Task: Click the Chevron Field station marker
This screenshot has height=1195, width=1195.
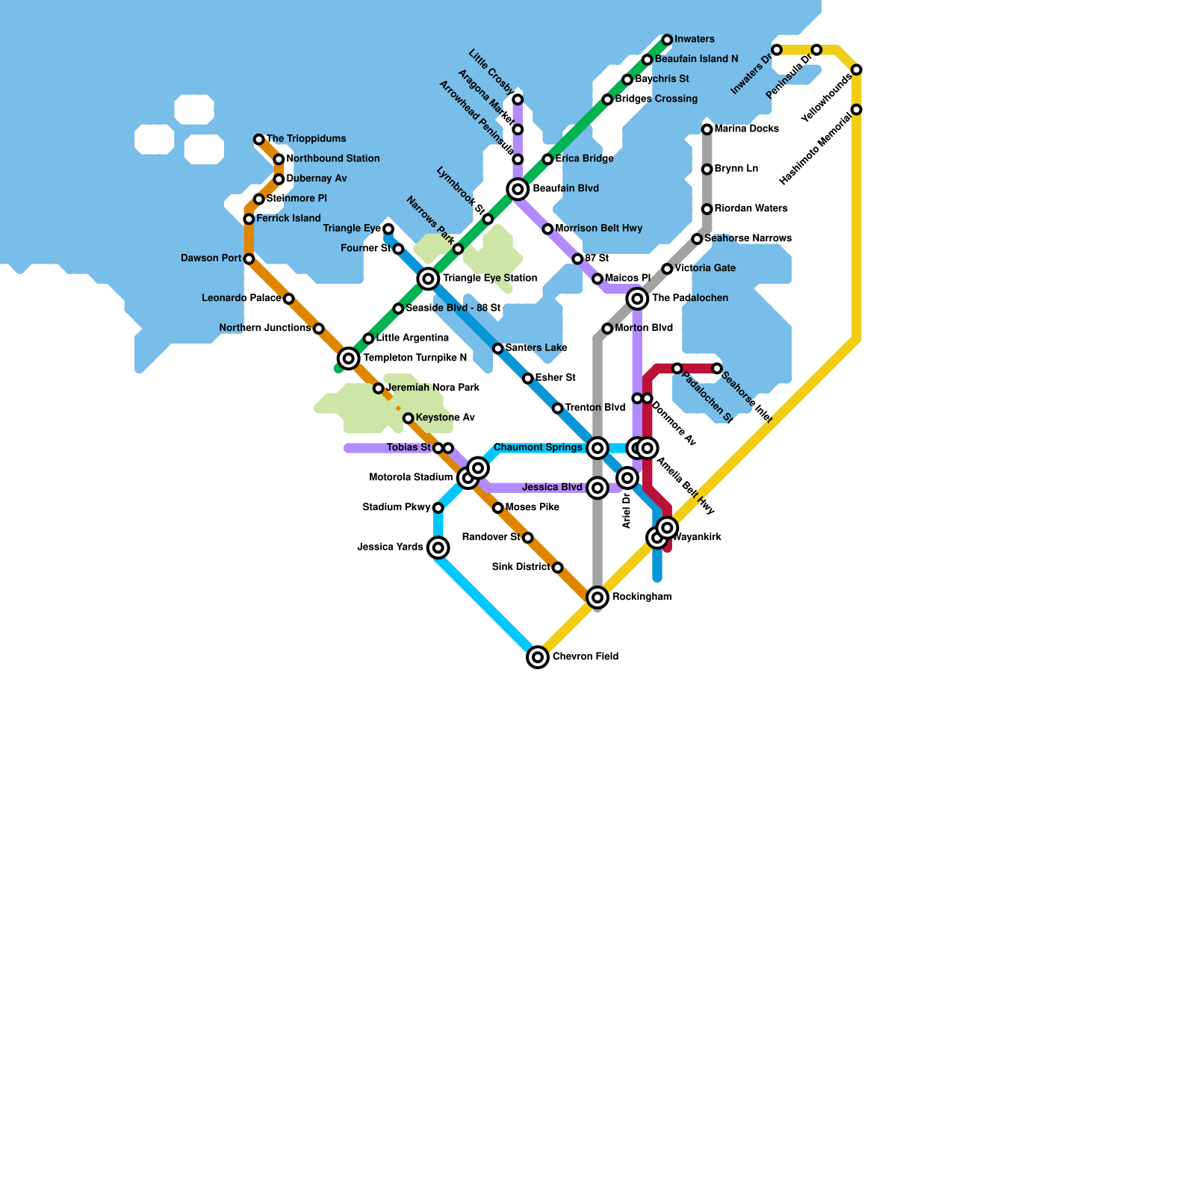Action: pos(538,657)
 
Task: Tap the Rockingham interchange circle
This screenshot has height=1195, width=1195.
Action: pos(597,597)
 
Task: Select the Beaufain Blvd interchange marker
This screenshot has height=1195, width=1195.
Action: pos(518,189)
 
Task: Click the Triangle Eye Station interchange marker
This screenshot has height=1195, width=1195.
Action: pos(428,279)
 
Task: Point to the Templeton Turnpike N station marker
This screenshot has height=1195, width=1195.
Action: pos(349,358)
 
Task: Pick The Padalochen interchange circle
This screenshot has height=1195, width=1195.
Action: pos(637,299)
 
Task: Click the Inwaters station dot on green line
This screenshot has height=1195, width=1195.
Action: pos(667,40)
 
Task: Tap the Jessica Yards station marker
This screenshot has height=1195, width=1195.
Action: pos(438,548)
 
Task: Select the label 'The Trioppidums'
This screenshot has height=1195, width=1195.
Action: pos(306,139)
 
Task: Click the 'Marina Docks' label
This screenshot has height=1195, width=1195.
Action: pos(746,129)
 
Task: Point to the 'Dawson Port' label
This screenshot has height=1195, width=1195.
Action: pos(211,258)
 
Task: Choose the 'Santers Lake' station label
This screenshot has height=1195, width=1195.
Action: pos(536,348)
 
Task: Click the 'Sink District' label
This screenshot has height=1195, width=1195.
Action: pos(521,567)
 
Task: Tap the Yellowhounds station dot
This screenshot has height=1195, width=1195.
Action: pos(857,69)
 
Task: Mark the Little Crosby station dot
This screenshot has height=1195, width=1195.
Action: pos(518,99)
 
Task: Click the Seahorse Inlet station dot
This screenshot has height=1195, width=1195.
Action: pos(717,368)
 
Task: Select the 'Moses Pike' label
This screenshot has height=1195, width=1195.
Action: pos(532,508)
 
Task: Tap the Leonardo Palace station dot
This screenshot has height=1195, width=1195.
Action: pos(289,299)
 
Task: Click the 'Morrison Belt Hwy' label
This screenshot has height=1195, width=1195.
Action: pos(598,229)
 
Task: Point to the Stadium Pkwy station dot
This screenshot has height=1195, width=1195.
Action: pos(438,508)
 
